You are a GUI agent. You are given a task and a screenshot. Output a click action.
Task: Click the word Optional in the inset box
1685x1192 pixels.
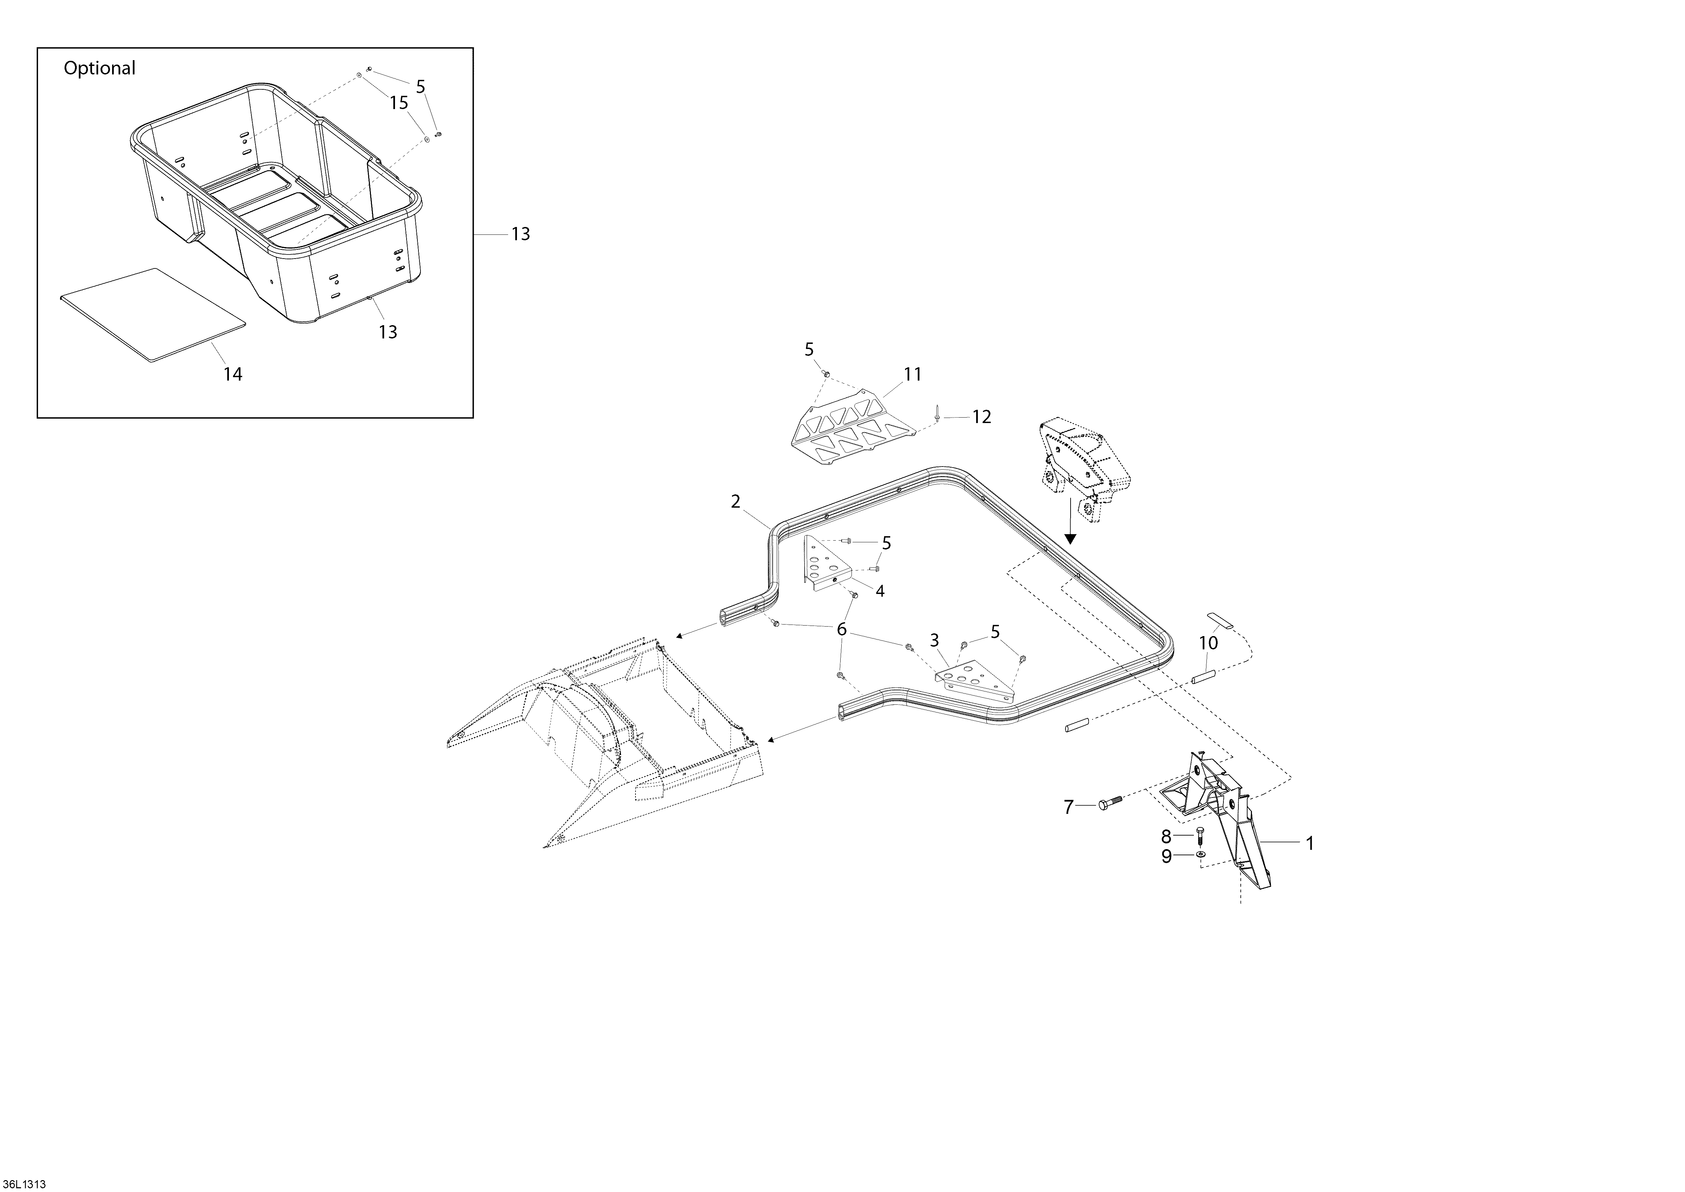(100, 68)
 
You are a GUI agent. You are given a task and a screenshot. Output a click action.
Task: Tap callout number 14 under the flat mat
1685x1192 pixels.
(233, 374)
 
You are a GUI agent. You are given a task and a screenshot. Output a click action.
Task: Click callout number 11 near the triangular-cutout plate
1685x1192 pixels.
(912, 374)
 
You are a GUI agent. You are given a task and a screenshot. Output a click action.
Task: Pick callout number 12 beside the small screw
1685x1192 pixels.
(981, 417)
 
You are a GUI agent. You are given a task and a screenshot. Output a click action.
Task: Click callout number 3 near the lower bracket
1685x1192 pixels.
(934, 641)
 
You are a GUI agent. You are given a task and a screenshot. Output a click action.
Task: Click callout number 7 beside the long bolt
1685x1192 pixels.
(1069, 807)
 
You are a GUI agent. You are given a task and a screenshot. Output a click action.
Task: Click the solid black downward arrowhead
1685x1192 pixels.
(1070, 538)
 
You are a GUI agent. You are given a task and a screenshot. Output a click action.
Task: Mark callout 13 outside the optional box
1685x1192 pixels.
(520, 234)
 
